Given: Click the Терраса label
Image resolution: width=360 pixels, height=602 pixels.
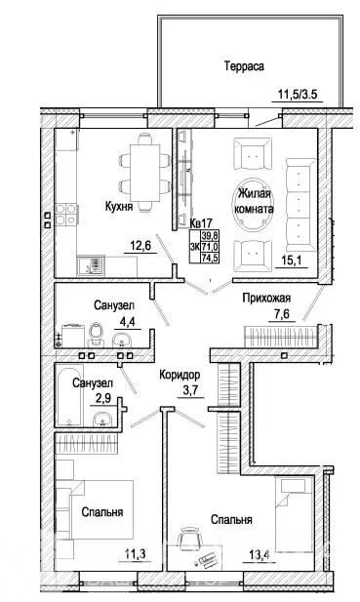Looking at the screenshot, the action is pos(244,66).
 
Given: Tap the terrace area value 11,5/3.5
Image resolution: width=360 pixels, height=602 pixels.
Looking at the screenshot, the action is pos(297,94).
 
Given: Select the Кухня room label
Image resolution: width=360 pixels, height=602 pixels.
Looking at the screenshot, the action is pos(119,207).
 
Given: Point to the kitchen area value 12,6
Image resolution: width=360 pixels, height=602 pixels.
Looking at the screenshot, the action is pos(140,245).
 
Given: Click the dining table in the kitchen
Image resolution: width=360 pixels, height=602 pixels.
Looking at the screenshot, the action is pos(144,173).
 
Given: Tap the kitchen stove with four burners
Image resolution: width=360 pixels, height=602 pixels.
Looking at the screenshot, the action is pos(66,215).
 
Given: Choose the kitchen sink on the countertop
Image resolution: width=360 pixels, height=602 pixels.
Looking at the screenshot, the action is pos(91,265).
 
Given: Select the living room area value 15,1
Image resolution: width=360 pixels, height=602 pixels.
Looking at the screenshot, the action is pos(292,261).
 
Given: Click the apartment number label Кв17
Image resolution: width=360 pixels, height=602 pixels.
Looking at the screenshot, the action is pos(201,222).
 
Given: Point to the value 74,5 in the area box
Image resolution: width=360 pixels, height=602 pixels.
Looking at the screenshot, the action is pos(210,258).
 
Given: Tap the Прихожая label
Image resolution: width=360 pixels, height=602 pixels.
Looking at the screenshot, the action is pos(266,298).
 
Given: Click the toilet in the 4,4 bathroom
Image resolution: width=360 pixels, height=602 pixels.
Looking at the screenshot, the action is pos(96,334).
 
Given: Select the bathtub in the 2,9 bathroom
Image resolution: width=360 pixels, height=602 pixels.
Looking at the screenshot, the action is pos(69,395).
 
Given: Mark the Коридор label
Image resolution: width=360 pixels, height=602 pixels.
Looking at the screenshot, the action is pos(180,375).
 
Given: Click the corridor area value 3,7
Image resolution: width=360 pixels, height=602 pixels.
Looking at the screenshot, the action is pos(190,390).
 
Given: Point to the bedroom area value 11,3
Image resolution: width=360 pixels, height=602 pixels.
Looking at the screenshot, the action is pos(135,554).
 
